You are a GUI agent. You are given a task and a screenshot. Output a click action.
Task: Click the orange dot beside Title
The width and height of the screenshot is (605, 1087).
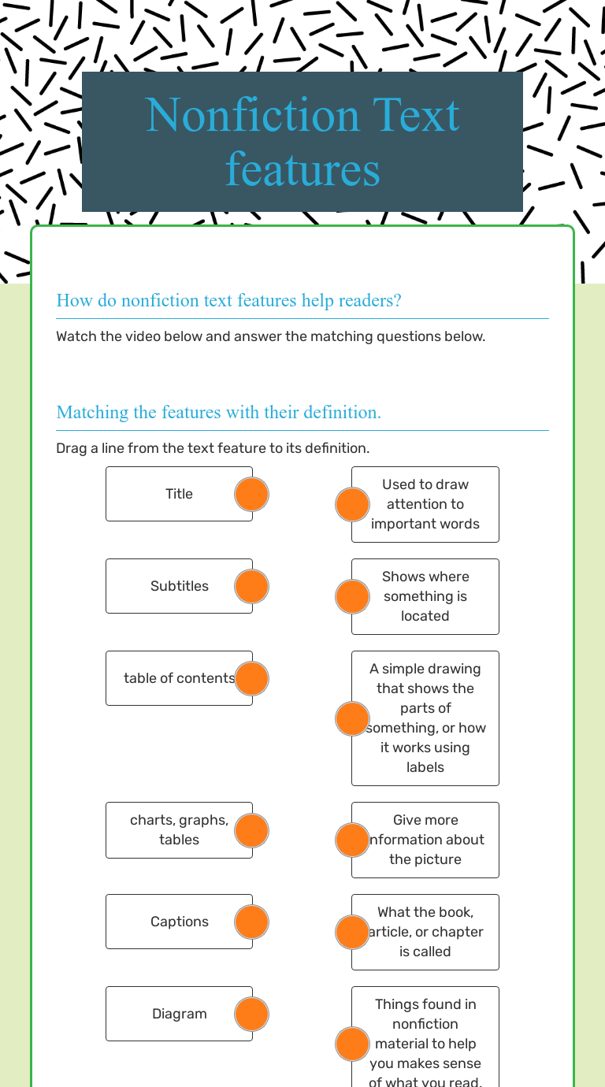click(252, 494)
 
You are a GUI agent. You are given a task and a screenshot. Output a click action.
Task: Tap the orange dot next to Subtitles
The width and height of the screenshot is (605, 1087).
click(252, 586)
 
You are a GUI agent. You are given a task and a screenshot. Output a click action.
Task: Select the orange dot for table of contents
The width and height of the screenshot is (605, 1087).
click(252, 678)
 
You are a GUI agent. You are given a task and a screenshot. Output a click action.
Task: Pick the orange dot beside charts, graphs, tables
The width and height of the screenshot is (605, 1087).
click(252, 830)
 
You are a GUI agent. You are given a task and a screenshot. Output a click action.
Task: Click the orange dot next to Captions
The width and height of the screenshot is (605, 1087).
click(252, 922)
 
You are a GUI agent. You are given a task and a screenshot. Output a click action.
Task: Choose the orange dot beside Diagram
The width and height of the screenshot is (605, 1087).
click(252, 1014)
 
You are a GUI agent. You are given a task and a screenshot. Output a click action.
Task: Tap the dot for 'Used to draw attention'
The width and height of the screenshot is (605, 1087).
click(352, 504)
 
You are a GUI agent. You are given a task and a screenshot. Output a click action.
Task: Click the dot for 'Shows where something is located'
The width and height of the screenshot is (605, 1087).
click(352, 596)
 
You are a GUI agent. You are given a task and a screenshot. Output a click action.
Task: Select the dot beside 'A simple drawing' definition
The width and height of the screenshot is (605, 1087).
click(352, 718)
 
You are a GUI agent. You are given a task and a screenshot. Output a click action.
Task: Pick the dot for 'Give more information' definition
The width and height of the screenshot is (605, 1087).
click(352, 840)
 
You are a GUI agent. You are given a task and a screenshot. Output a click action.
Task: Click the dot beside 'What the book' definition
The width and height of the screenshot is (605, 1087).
click(352, 932)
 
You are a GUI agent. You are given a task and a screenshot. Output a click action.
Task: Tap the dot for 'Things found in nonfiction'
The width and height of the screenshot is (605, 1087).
click(352, 1044)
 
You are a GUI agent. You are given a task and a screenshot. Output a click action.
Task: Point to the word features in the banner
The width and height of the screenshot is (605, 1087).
click(302, 169)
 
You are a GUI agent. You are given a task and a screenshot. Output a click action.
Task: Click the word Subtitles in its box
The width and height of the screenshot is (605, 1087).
click(180, 586)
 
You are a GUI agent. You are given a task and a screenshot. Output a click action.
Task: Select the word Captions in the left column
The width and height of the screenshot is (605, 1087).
click(180, 922)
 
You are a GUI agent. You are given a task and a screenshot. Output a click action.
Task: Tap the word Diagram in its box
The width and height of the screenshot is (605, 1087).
click(180, 1014)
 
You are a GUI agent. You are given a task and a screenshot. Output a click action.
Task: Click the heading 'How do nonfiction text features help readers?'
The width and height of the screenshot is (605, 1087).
click(228, 300)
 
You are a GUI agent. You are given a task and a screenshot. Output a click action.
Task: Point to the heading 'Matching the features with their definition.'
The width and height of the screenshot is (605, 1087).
click(218, 412)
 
